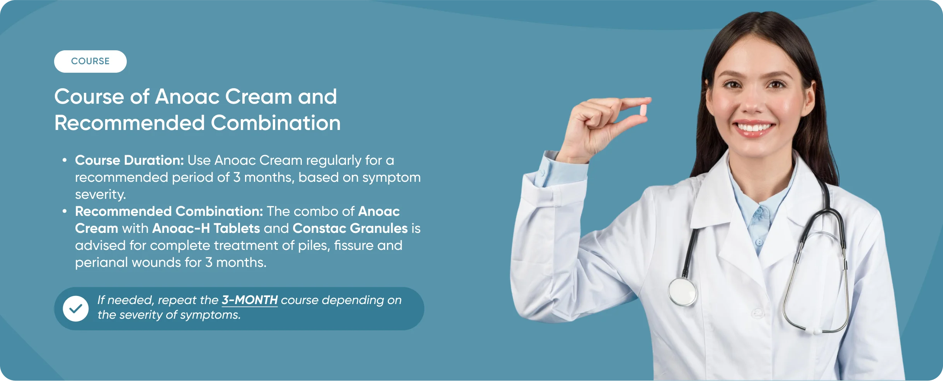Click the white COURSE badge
coord(90,62)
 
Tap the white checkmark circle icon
coord(76,309)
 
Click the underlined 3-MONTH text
coord(250,300)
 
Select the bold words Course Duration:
coord(129,160)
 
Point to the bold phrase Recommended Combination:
coord(169,211)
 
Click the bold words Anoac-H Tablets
coord(206,228)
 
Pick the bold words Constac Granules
coord(350,228)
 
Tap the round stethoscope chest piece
coord(683,292)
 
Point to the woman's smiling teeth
coord(753,127)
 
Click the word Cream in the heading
coord(259,96)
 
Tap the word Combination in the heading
coord(276,123)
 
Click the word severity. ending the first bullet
coord(100,194)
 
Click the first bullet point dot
coord(65,160)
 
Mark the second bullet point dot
coord(65,211)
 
